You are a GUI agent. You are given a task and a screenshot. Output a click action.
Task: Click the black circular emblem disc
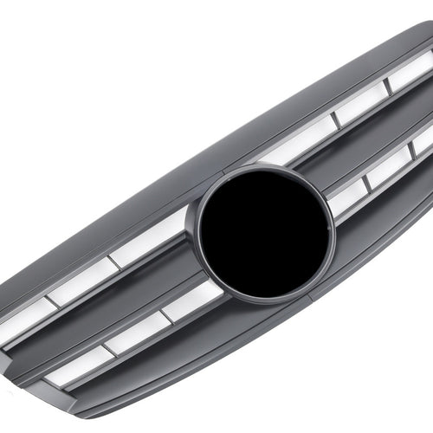coord(264,231)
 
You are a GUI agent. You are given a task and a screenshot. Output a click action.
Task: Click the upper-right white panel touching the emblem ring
coord(297,144)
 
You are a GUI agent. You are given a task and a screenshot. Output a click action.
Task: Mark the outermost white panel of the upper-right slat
coord(410,72)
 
